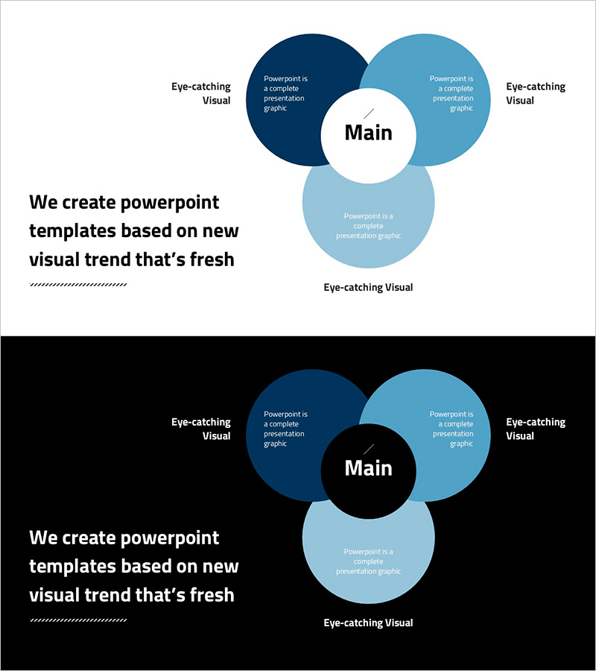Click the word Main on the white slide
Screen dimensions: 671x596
click(368, 133)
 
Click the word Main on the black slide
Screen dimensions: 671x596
click(368, 468)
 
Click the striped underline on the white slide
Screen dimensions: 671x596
click(78, 284)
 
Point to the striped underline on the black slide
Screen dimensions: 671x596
click(78, 620)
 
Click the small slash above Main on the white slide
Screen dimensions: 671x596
click(369, 113)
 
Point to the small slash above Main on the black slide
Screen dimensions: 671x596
click(369, 449)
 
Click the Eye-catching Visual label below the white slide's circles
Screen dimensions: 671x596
click(368, 287)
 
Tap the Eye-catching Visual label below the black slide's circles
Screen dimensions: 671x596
click(368, 623)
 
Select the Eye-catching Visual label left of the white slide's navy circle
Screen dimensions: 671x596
click(201, 93)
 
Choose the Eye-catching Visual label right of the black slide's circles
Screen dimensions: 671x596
click(536, 429)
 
